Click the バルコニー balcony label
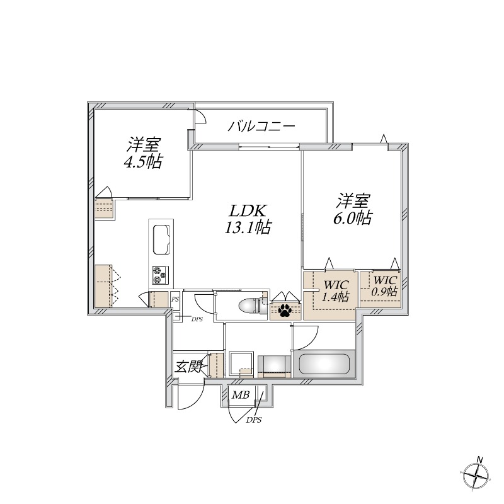pyautogui.click(x=261, y=126)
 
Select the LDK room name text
pyautogui.click(x=248, y=212)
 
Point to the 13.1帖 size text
pyautogui.click(x=248, y=228)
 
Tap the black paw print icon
pyautogui.click(x=285, y=310)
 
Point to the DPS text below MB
pyautogui.click(x=254, y=420)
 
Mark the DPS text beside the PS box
pyautogui.click(x=197, y=319)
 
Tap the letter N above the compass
pyautogui.click(x=480, y=459)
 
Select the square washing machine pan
pyautogui.click(x=241, y=364)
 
